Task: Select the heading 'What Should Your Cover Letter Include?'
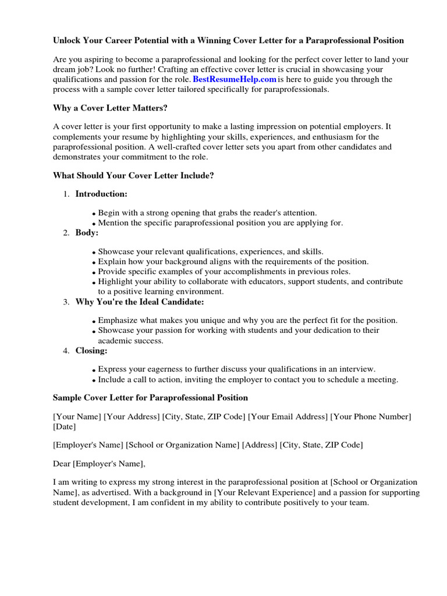[133, 175]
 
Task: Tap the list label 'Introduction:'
[101, 194]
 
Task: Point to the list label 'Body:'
[87, 232]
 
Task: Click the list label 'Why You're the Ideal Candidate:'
[140, 301]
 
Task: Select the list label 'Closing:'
[91, 350]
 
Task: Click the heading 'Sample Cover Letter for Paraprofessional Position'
[150, 398]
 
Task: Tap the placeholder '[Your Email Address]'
[288, 417]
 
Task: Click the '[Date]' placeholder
[64, 427]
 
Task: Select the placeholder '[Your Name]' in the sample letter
[77, 417]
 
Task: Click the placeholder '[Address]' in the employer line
[260, 445]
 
